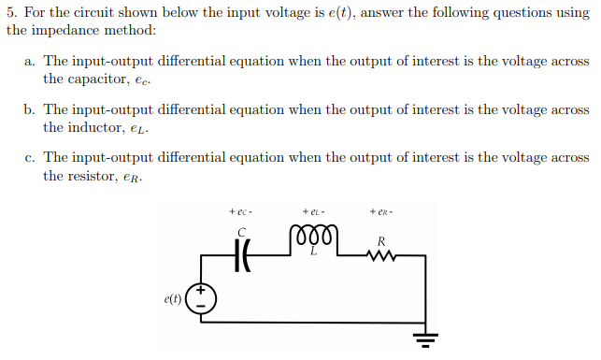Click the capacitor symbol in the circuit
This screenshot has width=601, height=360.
241,253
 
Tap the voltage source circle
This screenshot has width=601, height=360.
202,298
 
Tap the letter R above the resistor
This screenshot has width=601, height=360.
380,241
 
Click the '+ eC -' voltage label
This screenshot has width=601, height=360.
240,211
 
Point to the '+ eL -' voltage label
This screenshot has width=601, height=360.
312,211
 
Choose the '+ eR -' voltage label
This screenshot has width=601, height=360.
382,211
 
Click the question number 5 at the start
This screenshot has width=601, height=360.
9,11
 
